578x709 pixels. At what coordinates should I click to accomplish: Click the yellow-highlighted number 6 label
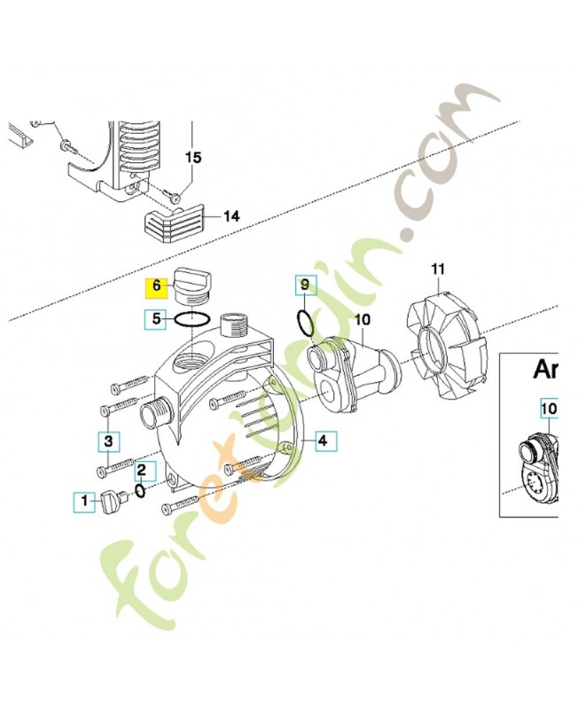point(157,286)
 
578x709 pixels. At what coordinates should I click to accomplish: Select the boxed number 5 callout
point(157,319)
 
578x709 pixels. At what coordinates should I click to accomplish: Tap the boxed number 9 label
point(304,284)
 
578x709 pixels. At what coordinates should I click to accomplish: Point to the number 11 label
point(437,269)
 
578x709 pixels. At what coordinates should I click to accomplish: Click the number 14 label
point(231,215)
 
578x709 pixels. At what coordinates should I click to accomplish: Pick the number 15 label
point(193,157)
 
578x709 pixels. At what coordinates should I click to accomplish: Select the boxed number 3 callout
point(107,440)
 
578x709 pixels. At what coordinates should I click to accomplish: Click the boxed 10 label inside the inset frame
point(550,409)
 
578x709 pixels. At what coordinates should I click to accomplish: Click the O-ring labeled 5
point(191,320)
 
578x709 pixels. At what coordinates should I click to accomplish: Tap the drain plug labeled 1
point(116,502)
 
